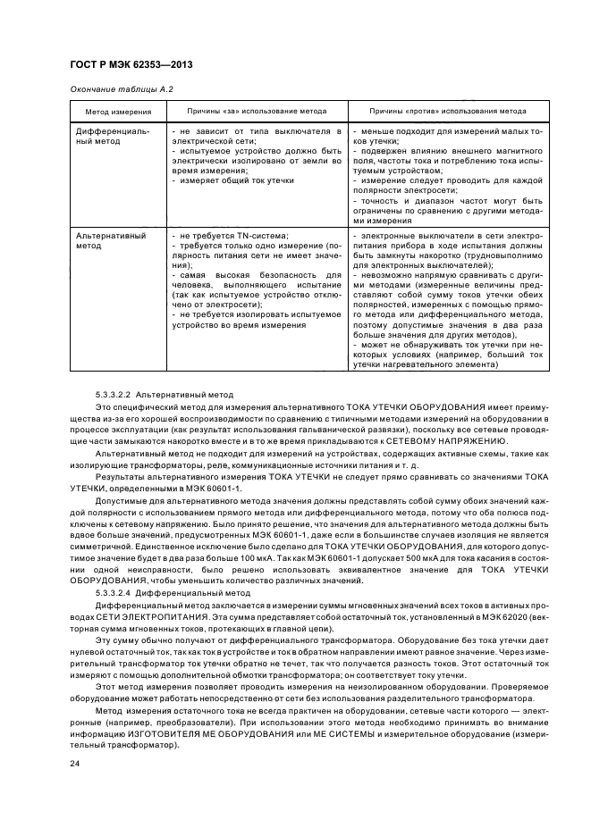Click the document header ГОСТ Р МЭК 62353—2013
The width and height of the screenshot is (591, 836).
[131, 66]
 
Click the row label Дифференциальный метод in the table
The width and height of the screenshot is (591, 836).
[112, 136]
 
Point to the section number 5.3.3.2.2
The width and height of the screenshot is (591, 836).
[113, 394]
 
